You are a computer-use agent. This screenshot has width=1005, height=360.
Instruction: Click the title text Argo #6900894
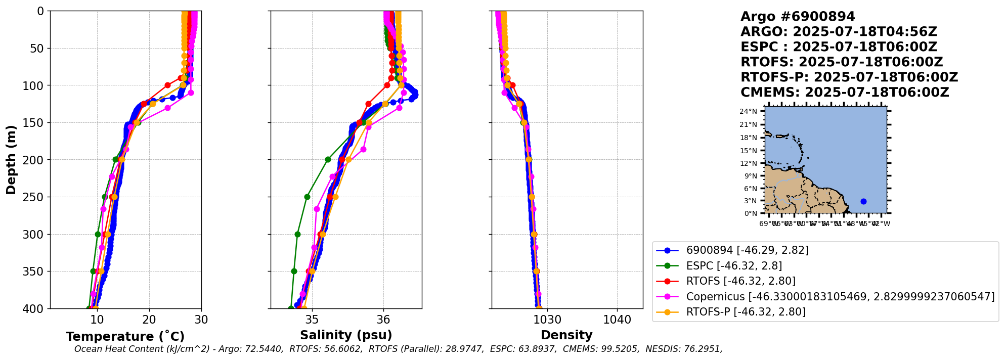[x=798, y=17]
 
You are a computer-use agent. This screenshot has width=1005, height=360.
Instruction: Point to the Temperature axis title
[x=125, y=337]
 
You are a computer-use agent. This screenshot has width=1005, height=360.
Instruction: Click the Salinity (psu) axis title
[x=346, y=335]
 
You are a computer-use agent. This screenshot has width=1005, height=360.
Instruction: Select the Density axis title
[x=566, y=335]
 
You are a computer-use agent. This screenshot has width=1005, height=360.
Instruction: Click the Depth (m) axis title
[x=11, y=160]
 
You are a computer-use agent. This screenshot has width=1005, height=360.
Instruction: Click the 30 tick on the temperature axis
[x=201, y=320]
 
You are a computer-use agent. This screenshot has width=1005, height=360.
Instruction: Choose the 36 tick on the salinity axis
[x=383, y=320]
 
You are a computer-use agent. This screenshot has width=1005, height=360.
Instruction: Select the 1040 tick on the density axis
[x=617, y=320]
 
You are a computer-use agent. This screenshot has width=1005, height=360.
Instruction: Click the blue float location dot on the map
[x=863, y=201]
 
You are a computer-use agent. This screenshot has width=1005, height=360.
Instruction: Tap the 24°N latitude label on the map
[x=749, y=112]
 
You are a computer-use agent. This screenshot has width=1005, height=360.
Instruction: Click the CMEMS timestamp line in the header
[x=845, y=93]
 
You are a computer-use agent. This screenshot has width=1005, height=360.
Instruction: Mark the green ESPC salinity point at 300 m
[x=297, y=234]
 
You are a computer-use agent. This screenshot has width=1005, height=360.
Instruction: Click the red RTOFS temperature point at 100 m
[x=168, y=85]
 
